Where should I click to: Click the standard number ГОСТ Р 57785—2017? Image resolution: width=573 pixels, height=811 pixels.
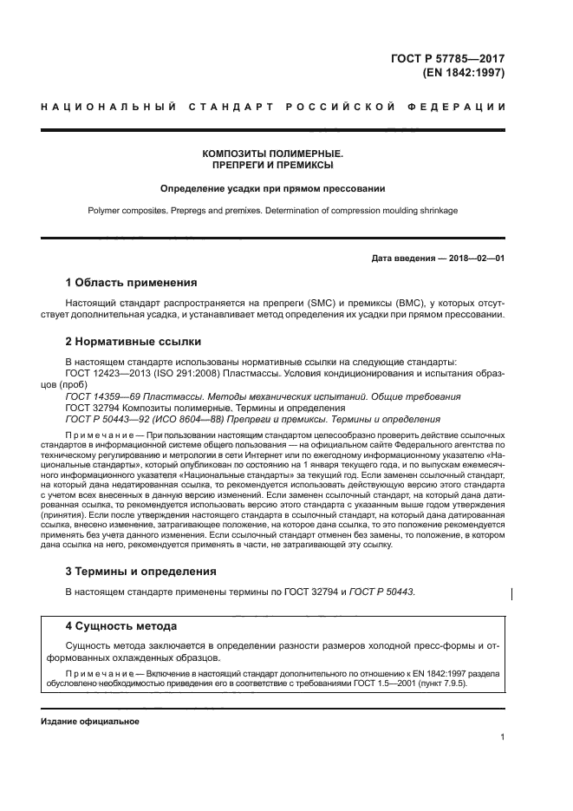point(452,59)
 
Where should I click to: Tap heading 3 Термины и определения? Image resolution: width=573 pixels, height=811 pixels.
point(142,572)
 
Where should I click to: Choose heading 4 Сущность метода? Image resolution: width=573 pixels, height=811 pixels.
point(121,625)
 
